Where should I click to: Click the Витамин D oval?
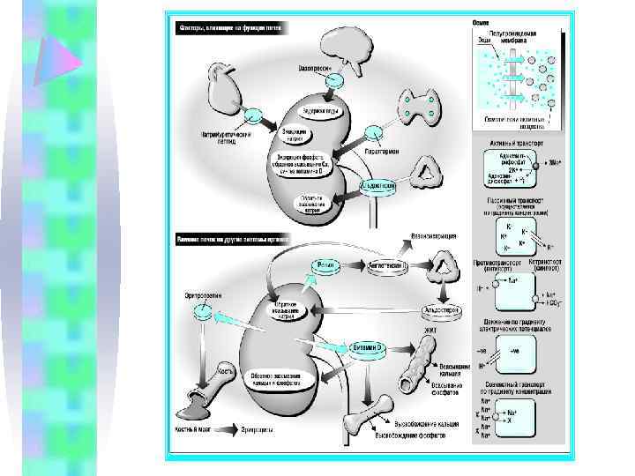366,348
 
